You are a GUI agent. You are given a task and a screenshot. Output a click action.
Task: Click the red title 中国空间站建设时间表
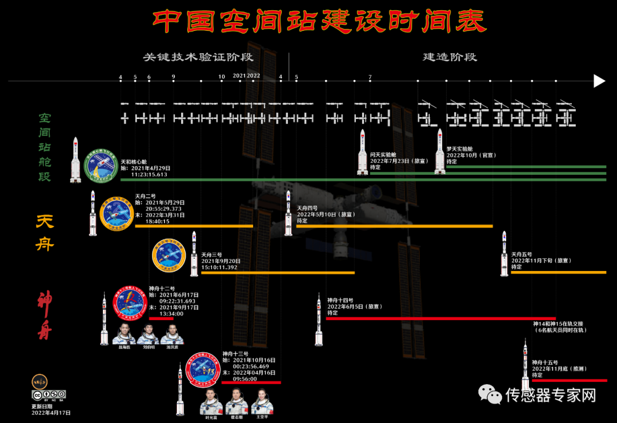[x=319, y=22]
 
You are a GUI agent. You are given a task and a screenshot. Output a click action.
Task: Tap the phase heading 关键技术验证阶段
[x=198, y=57]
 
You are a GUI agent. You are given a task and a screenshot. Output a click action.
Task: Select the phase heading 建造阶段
[x=450, y=57]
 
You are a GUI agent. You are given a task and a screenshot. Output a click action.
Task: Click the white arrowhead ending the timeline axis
[x=599, y=81]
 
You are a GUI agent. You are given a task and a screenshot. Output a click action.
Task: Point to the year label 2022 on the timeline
[x=253, y=75]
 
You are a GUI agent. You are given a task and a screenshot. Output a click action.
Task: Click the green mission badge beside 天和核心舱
[x=101, y=166]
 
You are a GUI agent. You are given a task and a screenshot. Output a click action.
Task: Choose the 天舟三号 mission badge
[x=169, y=255]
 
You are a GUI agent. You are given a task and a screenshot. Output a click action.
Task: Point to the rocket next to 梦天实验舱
[x=439, y=151]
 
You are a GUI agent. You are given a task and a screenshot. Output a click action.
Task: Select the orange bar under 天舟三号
[x=278, y=273]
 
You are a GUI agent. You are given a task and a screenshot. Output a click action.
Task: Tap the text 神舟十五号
[x=544, y=362]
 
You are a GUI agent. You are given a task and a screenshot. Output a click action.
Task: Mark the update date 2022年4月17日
[x=51, y=412]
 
